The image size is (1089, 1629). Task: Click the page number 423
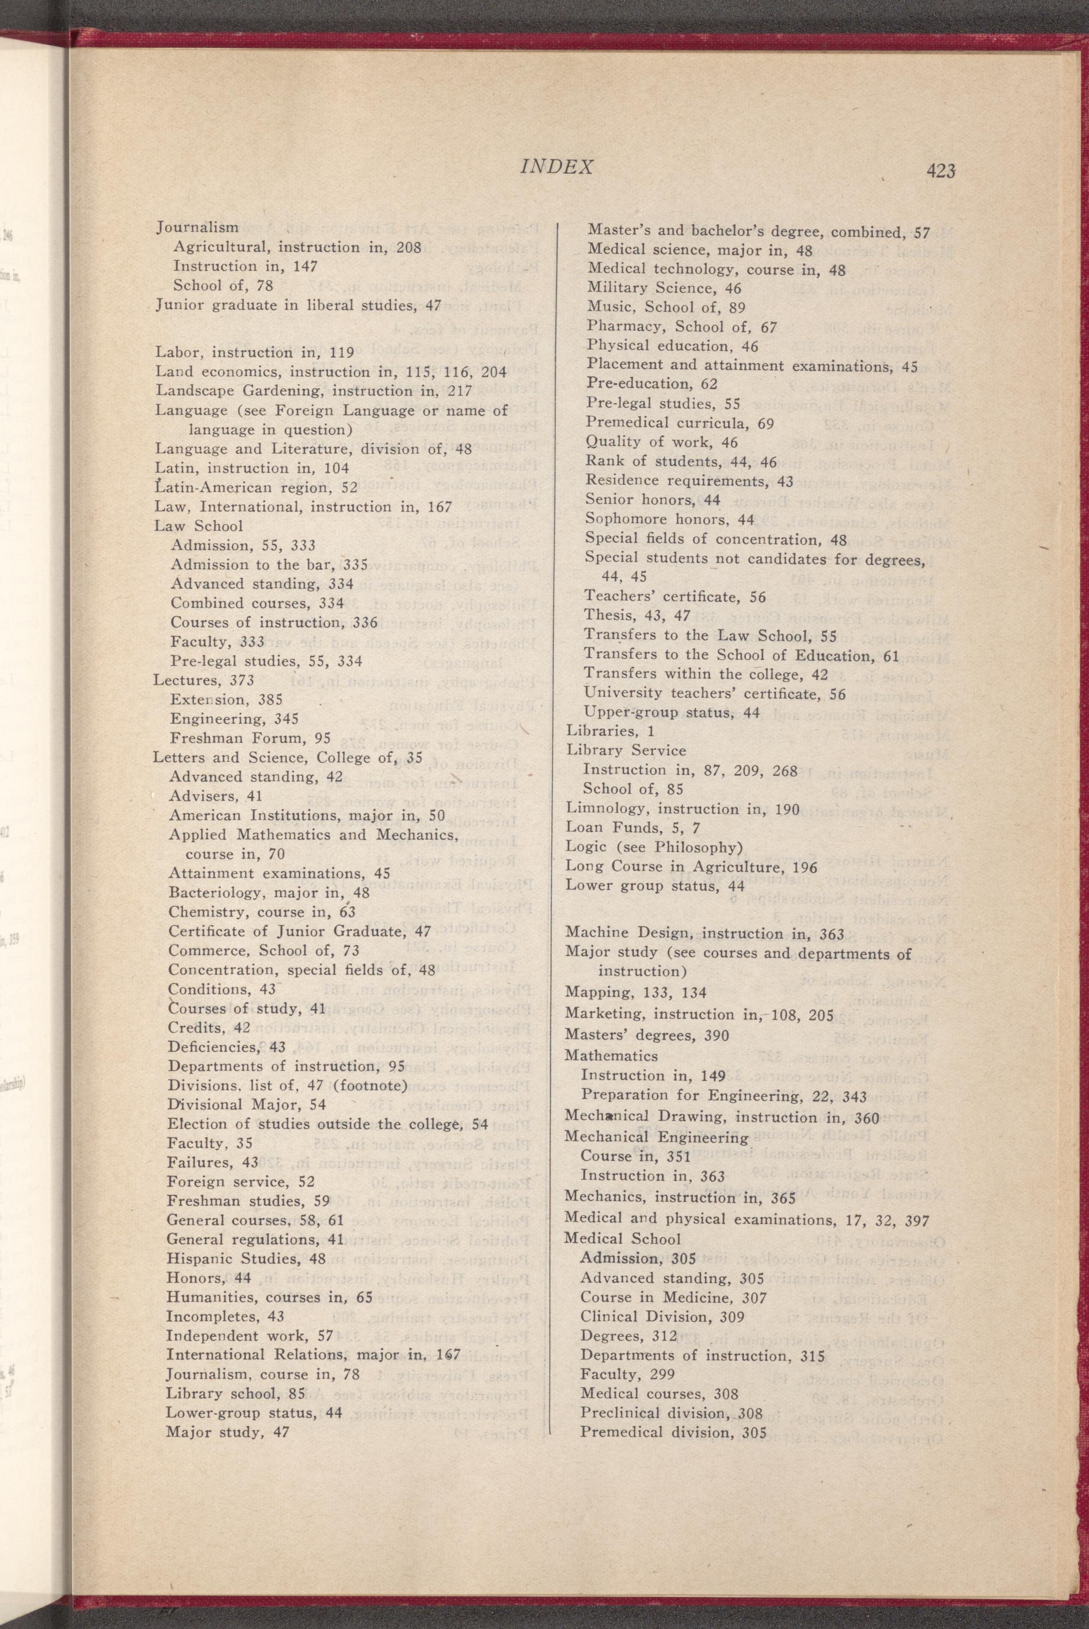[941, 170]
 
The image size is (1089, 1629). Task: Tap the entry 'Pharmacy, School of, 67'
[681, 326]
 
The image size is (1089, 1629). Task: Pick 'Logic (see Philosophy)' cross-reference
[653, 847]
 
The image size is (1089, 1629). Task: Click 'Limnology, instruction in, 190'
[682, 809]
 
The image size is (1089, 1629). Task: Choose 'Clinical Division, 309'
[662, 1316]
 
